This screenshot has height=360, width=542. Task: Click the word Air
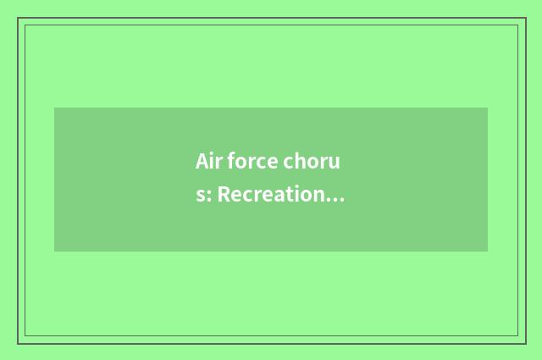[x=208, y=161]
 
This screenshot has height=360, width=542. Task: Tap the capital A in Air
[x=202, y=161]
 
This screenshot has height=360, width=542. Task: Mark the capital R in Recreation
[x=224, y=196]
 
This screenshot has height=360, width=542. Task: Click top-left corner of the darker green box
[x=54, y=108]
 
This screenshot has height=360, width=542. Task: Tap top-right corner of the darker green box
[x=488, y=108]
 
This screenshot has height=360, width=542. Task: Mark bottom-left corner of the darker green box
[x=54, y=252]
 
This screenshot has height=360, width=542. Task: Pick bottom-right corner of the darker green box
[x=488, y=252]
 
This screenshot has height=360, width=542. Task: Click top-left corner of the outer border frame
[x=18, y=18]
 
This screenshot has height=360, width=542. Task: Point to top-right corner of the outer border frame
[x=525, y=18]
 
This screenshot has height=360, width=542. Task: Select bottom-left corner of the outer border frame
[x=18, y=343]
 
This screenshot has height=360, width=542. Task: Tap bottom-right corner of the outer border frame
[x=525, y=343]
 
